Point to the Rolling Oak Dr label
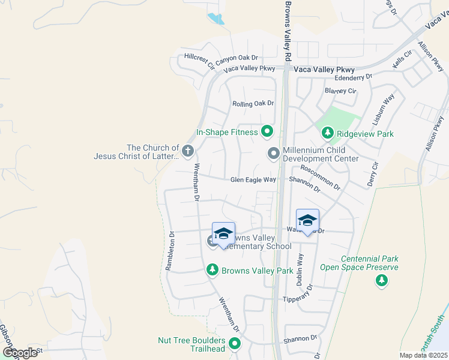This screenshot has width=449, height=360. pos(253,103)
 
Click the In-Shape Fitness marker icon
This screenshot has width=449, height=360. pos(267,131)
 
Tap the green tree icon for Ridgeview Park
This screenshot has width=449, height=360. pos(328,133)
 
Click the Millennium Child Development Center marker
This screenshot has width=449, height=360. pos(273,154)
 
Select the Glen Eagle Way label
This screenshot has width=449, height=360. pos(253,179)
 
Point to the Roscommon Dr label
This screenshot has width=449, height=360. pos(320,178)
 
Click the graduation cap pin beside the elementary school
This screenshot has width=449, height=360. pos(223,233)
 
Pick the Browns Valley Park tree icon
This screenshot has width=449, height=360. pos(212,270)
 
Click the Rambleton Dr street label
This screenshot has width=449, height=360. pos(170,253)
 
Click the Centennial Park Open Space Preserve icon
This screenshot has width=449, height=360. pos(381,280)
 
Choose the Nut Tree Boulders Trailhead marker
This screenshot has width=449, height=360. pos(235,344)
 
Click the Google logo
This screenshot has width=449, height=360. pos(20,353)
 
